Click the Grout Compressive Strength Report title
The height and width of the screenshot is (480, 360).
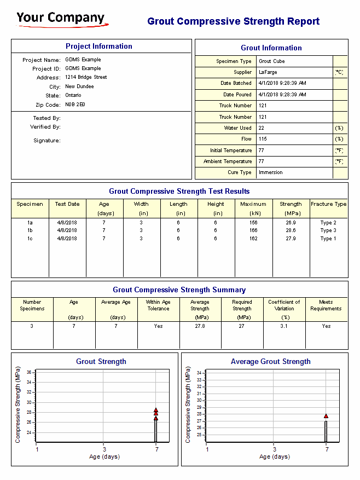pyautogui.click(x=234, y=21)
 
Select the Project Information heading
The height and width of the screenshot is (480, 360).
pyautogui.click(x=99, y=47)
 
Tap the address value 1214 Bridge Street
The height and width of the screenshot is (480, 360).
pyautogui.click(x=86, y=77)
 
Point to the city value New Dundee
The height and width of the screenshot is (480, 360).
pyautogui.click(x=79, y=86)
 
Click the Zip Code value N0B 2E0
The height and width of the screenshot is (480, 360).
pyautogui.click(x=75, y=104)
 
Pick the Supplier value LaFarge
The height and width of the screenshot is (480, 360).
pyautogui.click(x=270, y=72)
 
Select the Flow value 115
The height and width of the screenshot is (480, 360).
pyautogui.click(x=263, y=139)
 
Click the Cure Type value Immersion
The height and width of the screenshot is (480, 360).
pyautogui.click(x=271, y=172)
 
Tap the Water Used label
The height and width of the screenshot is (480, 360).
pyautogui.click(x=238, y=128)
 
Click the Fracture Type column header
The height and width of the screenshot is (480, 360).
pyautogui.click(x=328, y=204)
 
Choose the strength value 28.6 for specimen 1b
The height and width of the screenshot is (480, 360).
pyautogui.click(x=291, y=230)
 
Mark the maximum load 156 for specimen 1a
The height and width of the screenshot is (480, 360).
pyautogui.click(x=253, y=223)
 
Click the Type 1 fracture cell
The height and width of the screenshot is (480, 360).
pyautogui.click(x=328, y=239)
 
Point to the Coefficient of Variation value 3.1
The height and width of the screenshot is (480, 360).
pyautogui.click(x=284, y=326)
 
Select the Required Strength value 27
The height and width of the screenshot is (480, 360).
pyautogui.click(x=242, y=326)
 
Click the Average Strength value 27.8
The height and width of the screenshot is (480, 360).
pyautogui.click(x=200, y=326)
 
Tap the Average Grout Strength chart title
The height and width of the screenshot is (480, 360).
pyautogui.click(x=270, y=362)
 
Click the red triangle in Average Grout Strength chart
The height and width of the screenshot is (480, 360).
pyautogui.click(x=326, y=417)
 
